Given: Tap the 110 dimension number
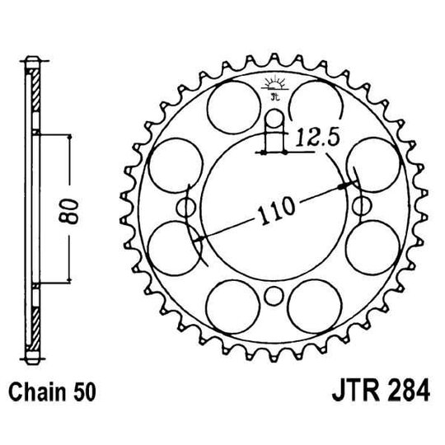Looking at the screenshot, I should (273, 211).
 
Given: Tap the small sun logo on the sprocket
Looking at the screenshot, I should (274, 82).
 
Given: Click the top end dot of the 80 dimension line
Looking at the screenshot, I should (72, 135).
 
